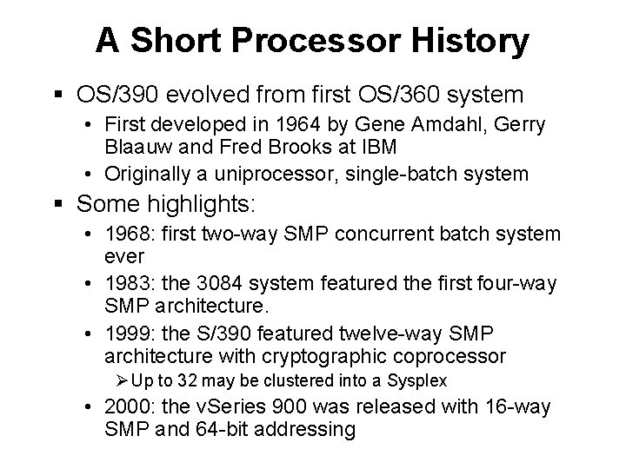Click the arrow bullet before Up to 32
tap(123, 382)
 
